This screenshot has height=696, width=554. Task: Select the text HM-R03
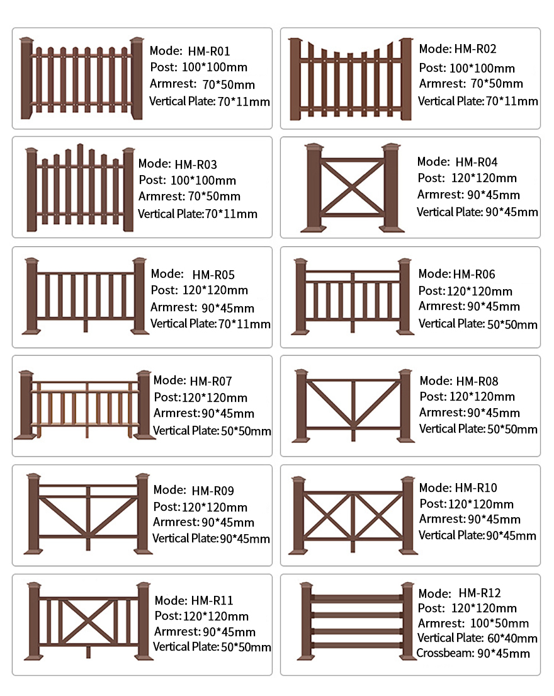[196, 164]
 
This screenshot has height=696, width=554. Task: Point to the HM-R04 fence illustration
[353, 188]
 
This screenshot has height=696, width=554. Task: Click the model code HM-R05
[213, 275]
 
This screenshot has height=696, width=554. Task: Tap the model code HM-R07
[211, 381]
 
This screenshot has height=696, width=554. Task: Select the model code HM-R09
[212, 491]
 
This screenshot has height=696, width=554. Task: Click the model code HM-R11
[212, 600]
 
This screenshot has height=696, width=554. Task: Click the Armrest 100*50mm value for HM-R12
[500, 623]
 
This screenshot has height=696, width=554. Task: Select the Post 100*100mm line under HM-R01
[199, 67]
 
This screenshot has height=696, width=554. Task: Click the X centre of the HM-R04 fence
[353, 187]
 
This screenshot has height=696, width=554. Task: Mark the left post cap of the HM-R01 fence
[26, 42]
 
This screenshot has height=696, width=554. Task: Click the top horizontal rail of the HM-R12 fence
[356, 598]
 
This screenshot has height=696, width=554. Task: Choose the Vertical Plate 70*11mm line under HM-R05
[210, 324]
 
